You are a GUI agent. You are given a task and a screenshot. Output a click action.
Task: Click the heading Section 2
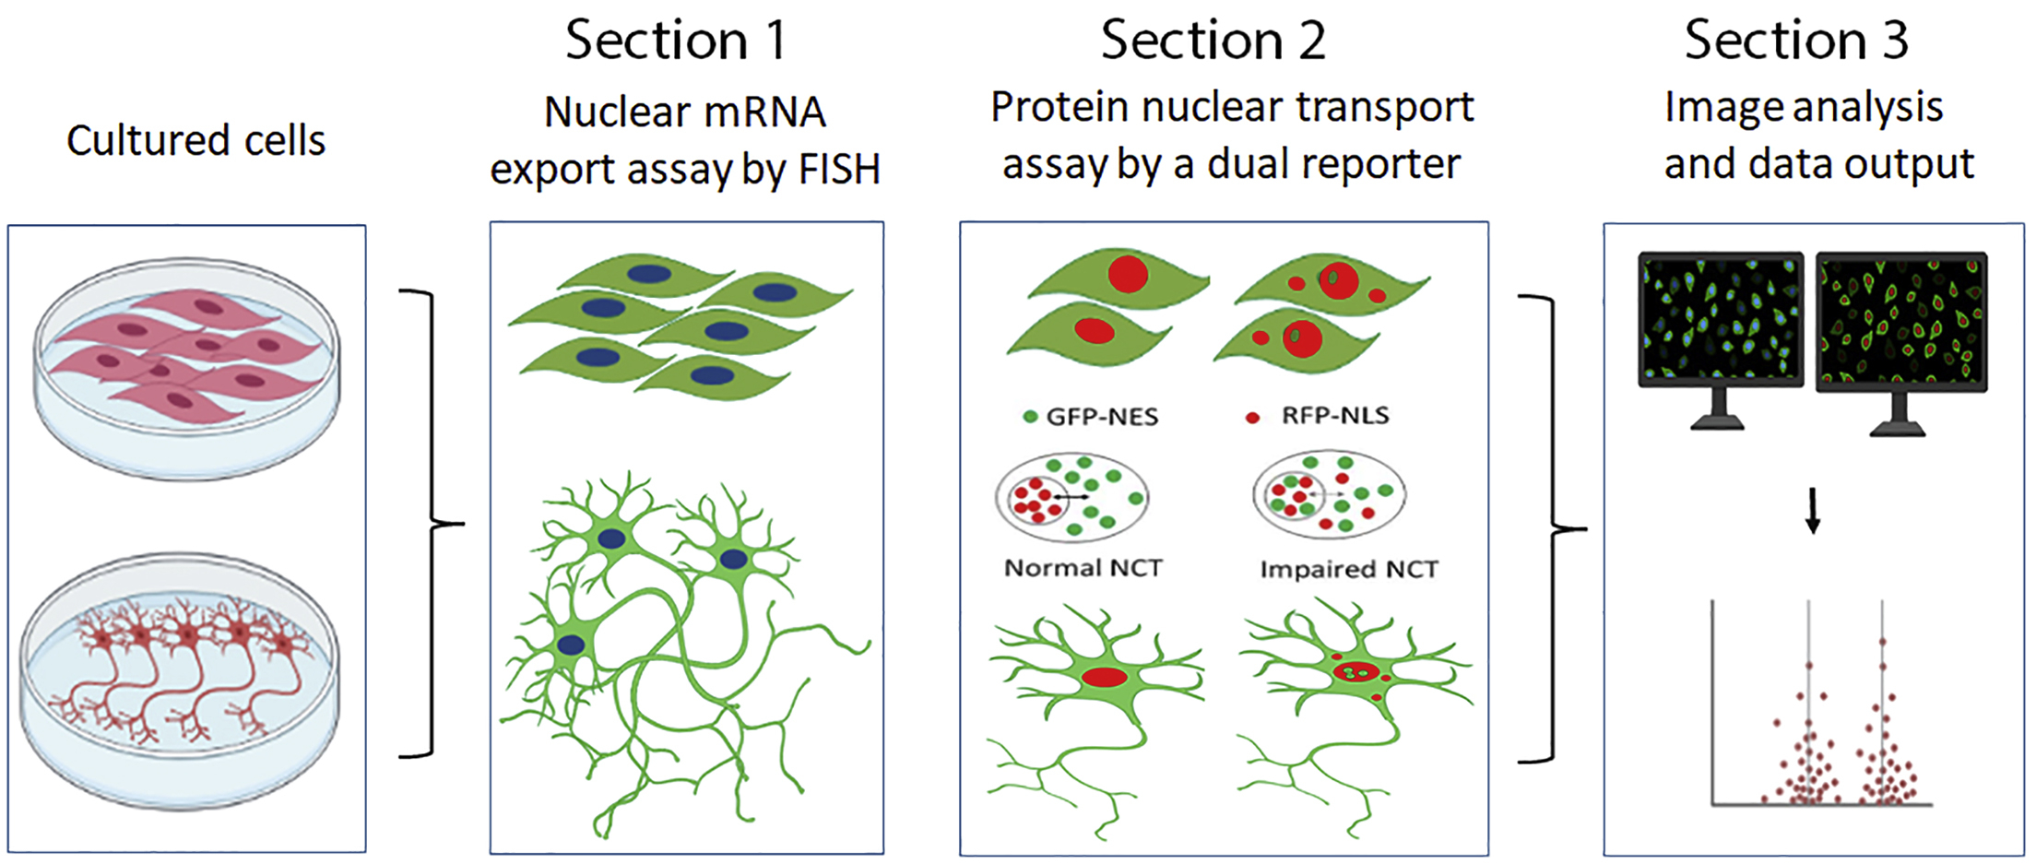pos(1213,41)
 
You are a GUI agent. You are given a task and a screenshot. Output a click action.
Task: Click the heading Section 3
pos(1795,41)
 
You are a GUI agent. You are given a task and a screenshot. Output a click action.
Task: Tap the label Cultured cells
pos(195,141)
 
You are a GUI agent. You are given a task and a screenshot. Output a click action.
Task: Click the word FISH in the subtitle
pos(839,170)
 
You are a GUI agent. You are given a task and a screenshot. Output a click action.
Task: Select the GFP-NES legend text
pos(1102,417)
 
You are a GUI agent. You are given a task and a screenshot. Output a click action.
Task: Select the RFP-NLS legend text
pos(1334,416)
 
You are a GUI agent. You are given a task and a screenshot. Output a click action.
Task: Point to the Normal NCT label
pos(1083,568)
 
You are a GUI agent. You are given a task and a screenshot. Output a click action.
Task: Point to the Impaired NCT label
pos(1348,570)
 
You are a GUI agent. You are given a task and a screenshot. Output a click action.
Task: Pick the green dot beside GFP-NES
pos(1030,417)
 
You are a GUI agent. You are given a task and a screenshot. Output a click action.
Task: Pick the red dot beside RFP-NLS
pos(1252,418)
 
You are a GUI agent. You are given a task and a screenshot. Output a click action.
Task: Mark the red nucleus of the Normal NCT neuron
pos(1105,678)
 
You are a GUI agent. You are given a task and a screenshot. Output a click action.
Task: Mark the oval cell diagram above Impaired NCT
pos(1329,495)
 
